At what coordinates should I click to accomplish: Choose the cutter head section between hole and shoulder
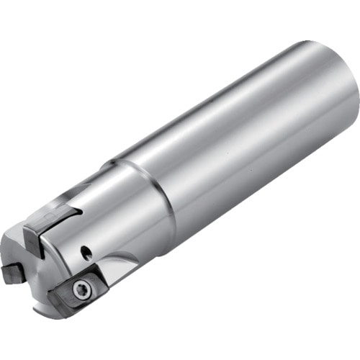pos(115,230)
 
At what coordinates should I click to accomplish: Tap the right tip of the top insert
pos(79,213)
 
